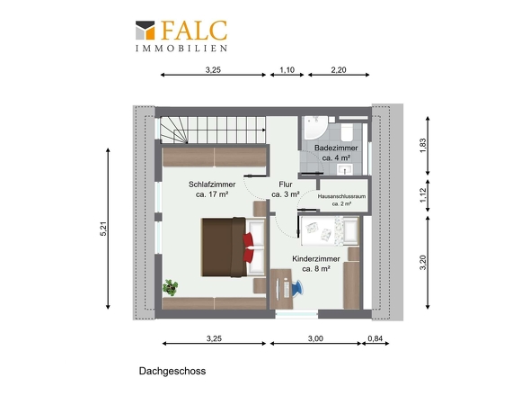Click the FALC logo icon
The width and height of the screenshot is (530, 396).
146,30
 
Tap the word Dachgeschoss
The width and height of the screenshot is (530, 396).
172,371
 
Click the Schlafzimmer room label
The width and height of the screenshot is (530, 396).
212,184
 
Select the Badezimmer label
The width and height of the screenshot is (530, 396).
336,148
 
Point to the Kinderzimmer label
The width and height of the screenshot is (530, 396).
316,259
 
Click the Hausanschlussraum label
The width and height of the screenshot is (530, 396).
341,196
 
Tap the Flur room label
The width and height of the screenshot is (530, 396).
286,184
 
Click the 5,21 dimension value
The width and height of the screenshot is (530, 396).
103,229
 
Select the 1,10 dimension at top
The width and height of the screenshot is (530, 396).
287,70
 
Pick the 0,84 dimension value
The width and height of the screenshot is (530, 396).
375,338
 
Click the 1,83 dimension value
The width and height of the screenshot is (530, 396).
423,146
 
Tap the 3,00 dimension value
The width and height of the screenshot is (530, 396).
315,338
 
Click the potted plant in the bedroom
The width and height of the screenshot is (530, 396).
171,288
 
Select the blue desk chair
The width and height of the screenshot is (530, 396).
296,288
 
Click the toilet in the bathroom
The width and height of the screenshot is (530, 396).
347,131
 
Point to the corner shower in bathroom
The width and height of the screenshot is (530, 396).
314,128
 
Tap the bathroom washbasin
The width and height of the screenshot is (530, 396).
344,169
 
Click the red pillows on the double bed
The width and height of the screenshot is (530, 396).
249,247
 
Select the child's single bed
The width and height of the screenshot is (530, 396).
329,230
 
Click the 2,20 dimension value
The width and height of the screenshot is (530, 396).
339,70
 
